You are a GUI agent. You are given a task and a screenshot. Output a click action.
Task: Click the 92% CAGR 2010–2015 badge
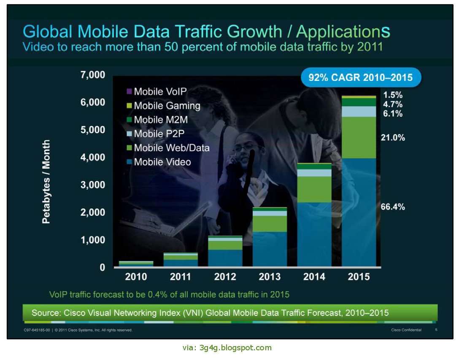360,78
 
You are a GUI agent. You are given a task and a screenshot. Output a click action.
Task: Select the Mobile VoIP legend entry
160,91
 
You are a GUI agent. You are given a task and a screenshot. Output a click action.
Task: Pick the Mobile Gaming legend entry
167,106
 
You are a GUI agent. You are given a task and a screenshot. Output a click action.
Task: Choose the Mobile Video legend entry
162,162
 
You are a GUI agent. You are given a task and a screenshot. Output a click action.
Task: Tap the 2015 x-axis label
359,277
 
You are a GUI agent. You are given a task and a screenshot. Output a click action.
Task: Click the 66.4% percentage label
393,207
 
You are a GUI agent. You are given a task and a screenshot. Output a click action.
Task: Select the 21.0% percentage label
393,137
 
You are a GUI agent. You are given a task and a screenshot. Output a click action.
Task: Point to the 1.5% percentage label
393,95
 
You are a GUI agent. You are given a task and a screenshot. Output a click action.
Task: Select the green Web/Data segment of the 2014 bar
314,189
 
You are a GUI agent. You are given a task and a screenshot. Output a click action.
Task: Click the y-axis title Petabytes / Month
46,182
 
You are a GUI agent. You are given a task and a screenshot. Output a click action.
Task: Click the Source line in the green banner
210,313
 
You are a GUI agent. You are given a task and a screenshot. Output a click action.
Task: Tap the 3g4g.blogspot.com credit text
228,348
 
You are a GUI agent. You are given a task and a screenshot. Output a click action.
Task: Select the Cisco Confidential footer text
406,330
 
